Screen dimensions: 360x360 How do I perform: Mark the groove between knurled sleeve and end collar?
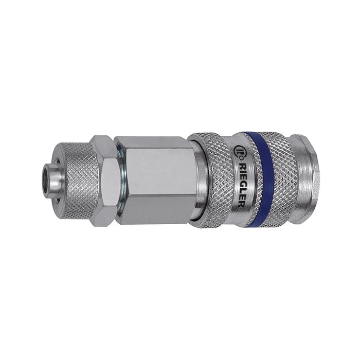[x=295, y=177]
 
